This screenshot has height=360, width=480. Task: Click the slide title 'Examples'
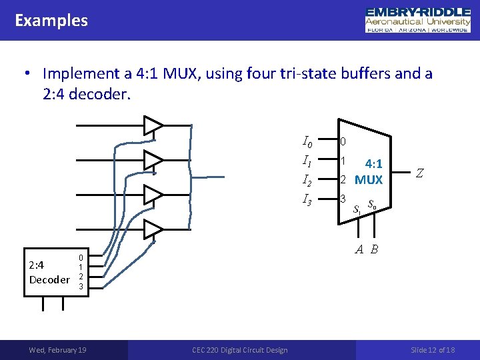(x=51, y=21)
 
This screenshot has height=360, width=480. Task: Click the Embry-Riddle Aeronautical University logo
(x=418, y=20)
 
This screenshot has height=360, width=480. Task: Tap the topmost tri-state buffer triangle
(x=153, y=125)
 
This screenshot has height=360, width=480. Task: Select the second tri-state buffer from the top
(x=153, y=160)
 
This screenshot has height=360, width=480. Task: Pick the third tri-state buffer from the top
(x=153, y=195)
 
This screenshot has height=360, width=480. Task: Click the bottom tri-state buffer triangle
(x=153, y=229)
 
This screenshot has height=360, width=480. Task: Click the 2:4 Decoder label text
(x=49, y=271)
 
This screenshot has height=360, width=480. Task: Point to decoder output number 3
(x=81, y=286)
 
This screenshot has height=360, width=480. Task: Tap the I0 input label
(x=307, y=141)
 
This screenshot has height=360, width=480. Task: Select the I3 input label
(x=307, y=199)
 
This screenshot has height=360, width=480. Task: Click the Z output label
(x=419, y=173)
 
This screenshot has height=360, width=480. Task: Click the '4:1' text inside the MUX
(x=373, y=163)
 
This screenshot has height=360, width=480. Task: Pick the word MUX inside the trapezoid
(x=369, y=180)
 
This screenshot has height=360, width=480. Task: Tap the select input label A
(x=359, y=250)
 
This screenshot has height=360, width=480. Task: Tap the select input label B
(x=375, y=250)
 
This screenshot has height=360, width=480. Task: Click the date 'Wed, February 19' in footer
(x=57, y=350)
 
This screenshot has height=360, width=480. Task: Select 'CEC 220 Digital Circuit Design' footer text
(x=240, y=350)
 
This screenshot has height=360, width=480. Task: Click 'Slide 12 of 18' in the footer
(x=433, y=350)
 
